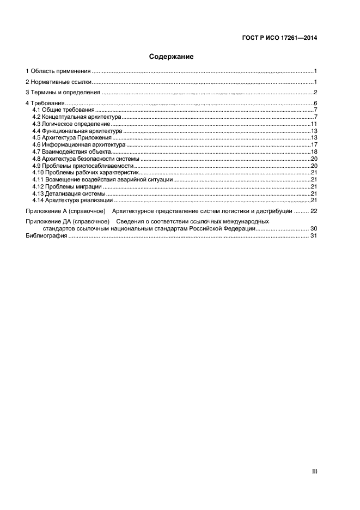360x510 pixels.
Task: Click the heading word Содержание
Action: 172,56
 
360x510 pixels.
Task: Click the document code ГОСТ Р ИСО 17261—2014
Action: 279,38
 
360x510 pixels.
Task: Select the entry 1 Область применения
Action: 58,71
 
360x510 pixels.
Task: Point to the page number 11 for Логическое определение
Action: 314,124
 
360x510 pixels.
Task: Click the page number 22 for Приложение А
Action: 313,211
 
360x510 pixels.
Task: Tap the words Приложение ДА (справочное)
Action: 68,222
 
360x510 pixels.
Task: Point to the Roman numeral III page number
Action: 314,472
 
